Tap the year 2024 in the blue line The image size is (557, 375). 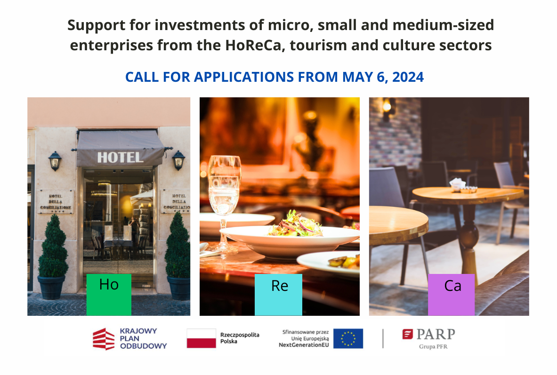pos(408,77)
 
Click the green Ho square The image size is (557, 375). pos(109,295)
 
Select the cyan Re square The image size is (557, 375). pos(279,295)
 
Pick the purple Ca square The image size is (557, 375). pos(451,295)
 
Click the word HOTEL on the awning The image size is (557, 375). pos(121,157)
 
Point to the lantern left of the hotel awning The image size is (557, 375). pos(55,161)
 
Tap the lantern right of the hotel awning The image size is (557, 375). pos(178,160)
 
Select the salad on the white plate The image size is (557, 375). pos(295,224)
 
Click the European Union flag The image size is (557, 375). pos(348,338)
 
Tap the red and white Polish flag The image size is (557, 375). pos(202,338)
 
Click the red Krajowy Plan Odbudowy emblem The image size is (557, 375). pos(104,339)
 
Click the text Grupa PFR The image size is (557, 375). pos(433,347)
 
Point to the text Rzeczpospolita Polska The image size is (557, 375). pos(240,338)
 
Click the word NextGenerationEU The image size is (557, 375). pos(304,345)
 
